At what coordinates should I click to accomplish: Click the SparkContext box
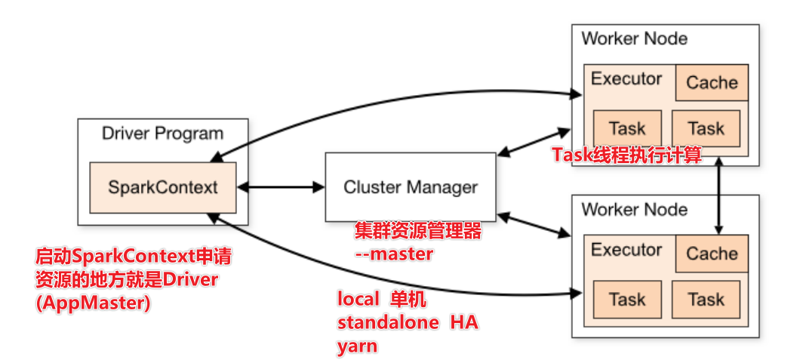162,186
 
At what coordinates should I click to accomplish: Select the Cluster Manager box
411,186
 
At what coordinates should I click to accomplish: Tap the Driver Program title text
162,134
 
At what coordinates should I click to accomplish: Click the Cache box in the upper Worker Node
712,82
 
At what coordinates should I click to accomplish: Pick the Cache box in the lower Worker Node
712,254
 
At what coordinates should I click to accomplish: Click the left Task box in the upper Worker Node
627,128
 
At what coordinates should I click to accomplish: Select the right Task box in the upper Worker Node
706,128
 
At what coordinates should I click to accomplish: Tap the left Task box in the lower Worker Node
627,300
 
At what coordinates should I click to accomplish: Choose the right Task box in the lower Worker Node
706,300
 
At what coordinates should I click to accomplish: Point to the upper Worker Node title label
634,38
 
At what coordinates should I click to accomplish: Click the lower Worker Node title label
634,209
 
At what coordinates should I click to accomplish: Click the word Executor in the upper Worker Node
626,78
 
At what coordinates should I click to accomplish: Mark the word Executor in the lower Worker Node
626,250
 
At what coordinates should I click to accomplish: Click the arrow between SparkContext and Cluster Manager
280,186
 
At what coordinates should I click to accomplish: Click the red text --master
394,254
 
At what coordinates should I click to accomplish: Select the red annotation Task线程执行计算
627,155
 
